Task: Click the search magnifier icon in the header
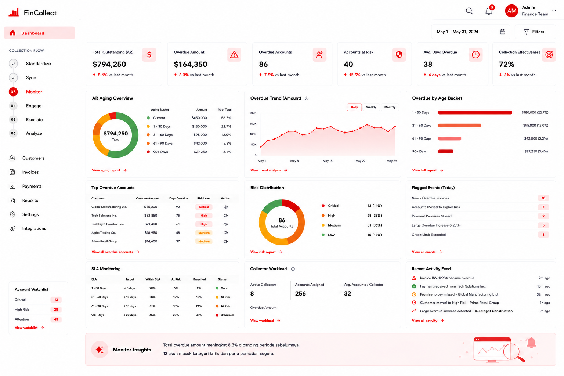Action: [x=469, y=11]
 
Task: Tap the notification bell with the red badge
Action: [x=489, y=11]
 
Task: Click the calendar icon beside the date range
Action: [x=502, y=32]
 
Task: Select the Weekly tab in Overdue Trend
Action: [x=371, y=107]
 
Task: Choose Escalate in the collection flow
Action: [x=34, y=120]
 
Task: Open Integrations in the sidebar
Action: [x=34, y=228]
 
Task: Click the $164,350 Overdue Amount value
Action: [x=190, y=65]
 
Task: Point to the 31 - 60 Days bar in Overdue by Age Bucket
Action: [x=460, y=126]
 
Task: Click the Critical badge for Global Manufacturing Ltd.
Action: [x=204, y=207]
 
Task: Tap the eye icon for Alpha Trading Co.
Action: [x=225, y=233]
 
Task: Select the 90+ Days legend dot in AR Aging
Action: [x=148, y=152]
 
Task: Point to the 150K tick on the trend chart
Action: [x=253, y=124]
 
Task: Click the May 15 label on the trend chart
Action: [x=328, y=161]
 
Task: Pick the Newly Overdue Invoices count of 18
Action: [x=543, y=198]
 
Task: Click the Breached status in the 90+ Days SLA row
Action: [x=227, y=315]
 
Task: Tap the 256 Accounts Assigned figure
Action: [x=300, y=294]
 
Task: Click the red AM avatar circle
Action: [x=511, y=11]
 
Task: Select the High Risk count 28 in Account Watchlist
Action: [x=56, y=310]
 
